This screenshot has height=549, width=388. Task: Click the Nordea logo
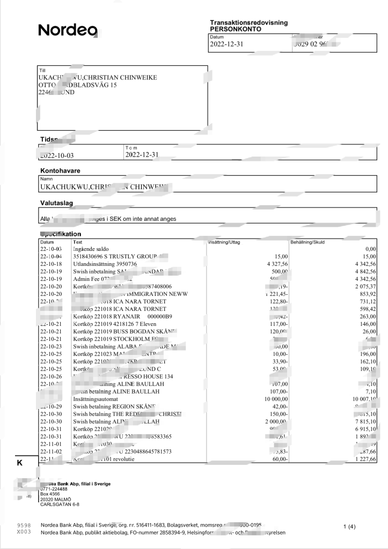pos(68,31)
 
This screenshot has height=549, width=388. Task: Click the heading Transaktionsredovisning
pos(248,23)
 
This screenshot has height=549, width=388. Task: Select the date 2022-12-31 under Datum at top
pos(226,44)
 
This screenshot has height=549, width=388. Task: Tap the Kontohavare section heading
pos(60,170)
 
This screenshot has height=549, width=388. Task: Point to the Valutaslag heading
pos(56,203)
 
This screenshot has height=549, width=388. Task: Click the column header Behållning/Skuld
pos(307,242)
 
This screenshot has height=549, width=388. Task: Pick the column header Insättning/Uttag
pos(224,242)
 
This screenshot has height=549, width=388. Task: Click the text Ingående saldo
pos(92,249)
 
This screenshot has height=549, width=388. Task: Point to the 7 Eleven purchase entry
pos(111,324)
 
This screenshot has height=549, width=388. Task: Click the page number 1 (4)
pos(349,526)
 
